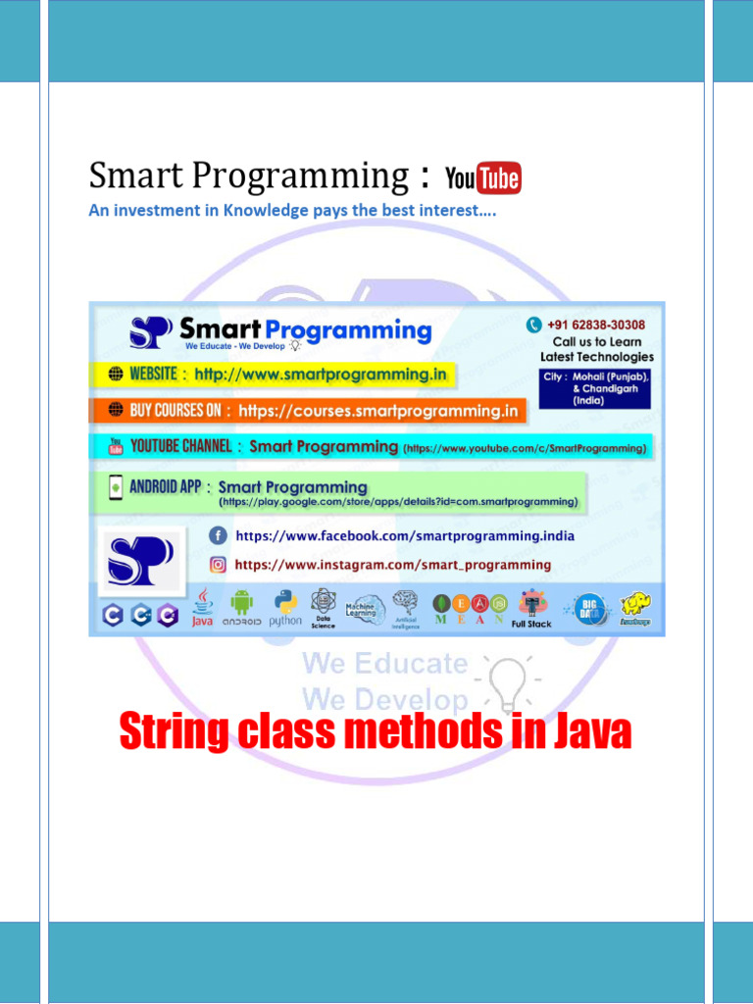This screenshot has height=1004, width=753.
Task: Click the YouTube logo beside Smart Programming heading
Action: pos(483,178)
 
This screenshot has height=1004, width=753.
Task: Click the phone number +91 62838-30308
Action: pos(596,325)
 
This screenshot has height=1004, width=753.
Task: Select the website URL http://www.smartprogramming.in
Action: pos(321,374)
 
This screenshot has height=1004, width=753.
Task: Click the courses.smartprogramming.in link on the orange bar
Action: pos(378,411)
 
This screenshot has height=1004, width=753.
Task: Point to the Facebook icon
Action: pos(218,535)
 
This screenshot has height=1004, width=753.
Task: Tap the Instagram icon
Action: pos(218,565)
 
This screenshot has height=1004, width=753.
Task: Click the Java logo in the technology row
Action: pos(202,606)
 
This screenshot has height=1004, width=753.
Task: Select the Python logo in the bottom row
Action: pos(285,606)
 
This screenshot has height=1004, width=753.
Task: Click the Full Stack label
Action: pos(531,624)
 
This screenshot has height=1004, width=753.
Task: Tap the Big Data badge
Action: pos(588,607)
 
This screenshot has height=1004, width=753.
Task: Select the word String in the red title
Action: pos(174,732)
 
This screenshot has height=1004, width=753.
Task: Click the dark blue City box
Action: pos(596,388)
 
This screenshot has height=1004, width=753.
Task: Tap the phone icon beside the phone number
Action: pos(534,325)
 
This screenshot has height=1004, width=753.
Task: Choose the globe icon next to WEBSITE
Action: pos(115,374)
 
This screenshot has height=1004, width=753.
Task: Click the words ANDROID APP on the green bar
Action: pos(165,486)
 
